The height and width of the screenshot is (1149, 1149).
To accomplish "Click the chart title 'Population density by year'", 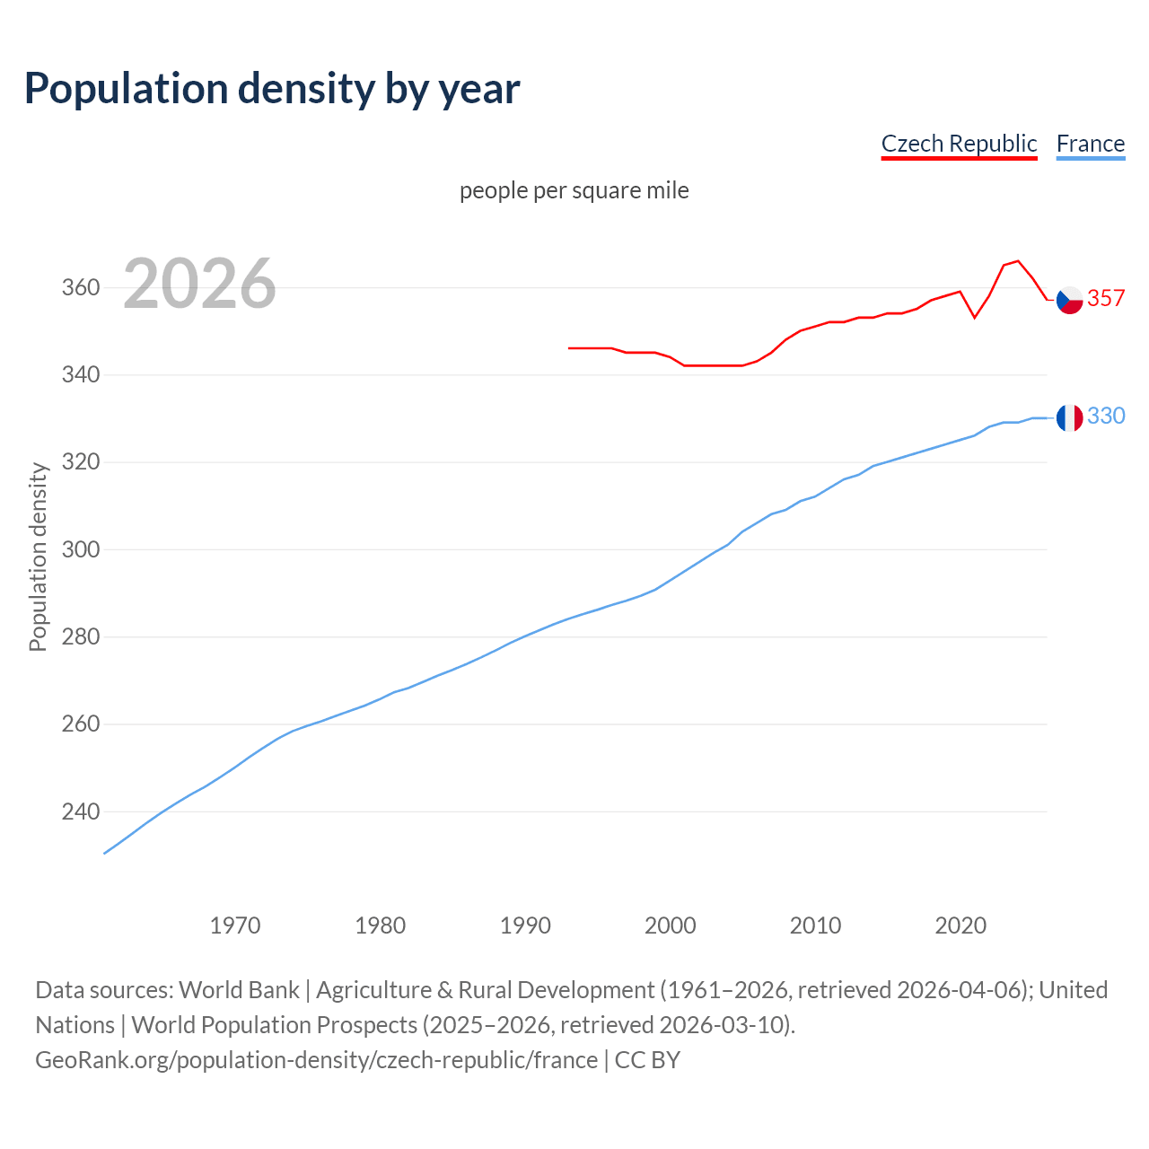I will tap(272, 89).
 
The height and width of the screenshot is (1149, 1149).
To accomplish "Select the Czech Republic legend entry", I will tap(959, 144).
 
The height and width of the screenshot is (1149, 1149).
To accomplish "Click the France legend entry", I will tap(1090, 144).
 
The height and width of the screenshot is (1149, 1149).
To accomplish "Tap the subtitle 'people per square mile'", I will tap(574, 190).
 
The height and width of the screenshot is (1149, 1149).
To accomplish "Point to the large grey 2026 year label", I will tap(199, 284).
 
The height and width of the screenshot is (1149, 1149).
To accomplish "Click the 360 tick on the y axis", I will tap(80, 288).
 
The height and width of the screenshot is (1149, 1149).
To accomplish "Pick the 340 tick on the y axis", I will tap(80, 375).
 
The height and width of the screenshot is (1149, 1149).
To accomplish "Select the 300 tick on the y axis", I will tap(80, 549).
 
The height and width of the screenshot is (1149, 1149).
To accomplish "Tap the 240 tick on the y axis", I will tap(80, 811).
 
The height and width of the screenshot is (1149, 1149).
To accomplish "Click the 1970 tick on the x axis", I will tap(235, 925).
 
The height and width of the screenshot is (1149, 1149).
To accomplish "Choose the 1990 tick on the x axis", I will tap(525, 925).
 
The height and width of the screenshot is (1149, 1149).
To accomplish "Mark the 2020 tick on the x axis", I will tap(960, 925).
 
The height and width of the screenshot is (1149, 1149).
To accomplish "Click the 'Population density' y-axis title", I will tap(38, 557).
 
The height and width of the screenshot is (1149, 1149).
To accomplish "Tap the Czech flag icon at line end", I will tap(1069, 300).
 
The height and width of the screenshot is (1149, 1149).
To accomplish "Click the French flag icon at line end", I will tap(1069, 417).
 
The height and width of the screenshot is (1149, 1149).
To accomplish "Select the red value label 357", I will tap(1106, 299).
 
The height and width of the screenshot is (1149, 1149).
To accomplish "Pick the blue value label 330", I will tap(1106, 417).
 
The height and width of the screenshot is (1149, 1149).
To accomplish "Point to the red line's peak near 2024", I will tap(1017, 261).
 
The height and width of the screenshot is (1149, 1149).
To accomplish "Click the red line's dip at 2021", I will tap(974, 318).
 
